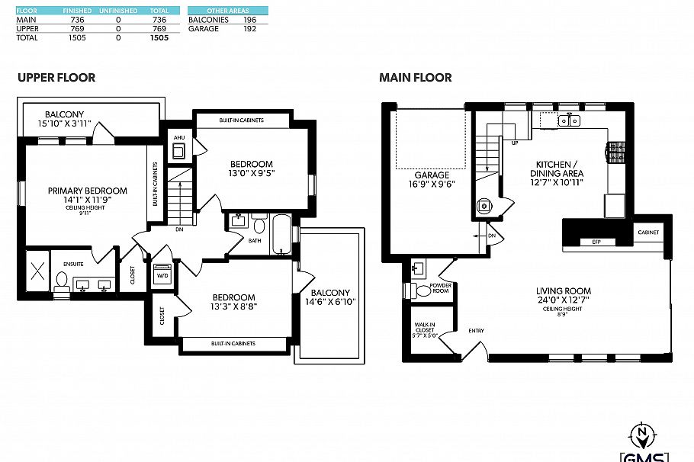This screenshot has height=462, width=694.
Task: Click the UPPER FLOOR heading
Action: click(x=56, y=78)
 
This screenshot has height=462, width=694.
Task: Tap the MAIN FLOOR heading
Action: click(x=416, y=78)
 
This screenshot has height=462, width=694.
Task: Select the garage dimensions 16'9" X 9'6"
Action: click(x=432, y=184)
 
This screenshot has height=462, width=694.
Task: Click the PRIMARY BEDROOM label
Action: click(x=87, y=191)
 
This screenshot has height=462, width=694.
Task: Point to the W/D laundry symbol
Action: click(x=163, y=274)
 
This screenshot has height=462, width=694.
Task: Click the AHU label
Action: click(x=179, y=138)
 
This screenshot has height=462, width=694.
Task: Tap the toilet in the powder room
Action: click(x=423, y=290)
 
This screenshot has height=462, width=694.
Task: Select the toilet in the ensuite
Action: click(x=61, y=282)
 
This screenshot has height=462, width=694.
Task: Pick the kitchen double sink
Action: click(x=569, y=120)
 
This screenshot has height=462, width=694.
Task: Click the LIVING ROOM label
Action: click(x=563, y=291)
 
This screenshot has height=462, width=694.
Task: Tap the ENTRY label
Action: click(x=476, y=330)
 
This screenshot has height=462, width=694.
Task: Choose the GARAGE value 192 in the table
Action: click(x=248, y=28)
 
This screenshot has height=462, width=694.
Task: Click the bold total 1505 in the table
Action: click(x=159, y=37)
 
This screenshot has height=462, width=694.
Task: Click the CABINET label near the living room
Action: click(x=648, y=232)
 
